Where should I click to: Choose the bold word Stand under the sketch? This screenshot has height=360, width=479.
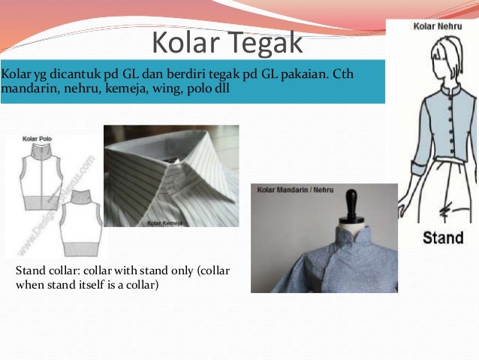[442, 238]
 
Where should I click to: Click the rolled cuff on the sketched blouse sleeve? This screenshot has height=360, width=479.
[411, 161]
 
